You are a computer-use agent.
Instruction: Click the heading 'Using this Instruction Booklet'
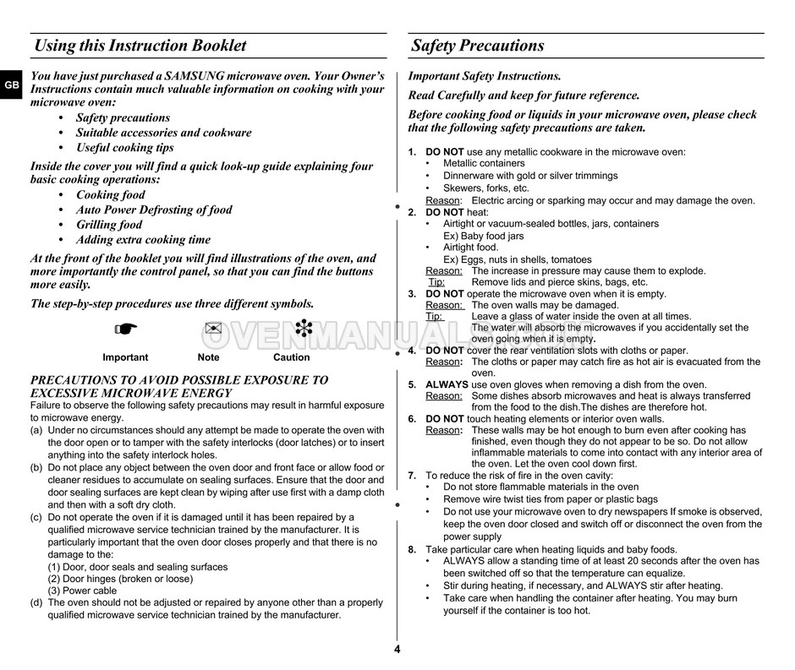[140, 46]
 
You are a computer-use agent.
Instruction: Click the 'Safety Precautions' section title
[478, 46]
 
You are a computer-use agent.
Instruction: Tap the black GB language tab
[10, 85]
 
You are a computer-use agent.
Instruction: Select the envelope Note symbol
[211, 329]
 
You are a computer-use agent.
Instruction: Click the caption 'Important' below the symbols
[125, 357]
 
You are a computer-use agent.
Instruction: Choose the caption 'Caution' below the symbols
[292, 357]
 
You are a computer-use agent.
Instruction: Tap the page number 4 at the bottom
[397, 649]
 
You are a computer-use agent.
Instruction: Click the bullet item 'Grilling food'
[109, 225]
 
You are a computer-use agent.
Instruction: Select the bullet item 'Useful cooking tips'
[124, 148]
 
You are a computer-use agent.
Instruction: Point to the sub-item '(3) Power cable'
[83, 591]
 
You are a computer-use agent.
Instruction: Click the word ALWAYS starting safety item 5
[445, 384]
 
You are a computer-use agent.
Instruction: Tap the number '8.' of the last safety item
[412, 549]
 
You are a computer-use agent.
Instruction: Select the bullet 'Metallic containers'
[483, 164]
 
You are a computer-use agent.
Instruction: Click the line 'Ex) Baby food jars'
[483, 237]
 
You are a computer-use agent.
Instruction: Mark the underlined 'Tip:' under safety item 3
[434, 316]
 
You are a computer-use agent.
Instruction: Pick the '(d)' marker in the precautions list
[37, 602]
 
